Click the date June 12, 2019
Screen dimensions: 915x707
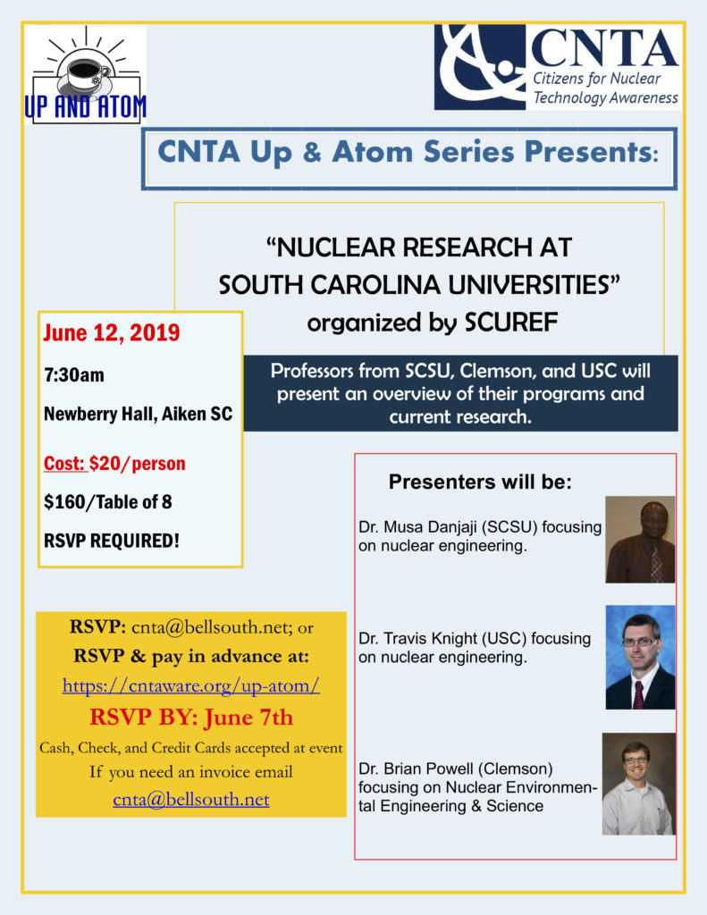(112, 333)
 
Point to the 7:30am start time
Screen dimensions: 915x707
(74, 374)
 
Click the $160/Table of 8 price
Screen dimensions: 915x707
(107, 501)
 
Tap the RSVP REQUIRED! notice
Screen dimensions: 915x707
(111, 540)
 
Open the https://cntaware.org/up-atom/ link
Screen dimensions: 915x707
(191, 686)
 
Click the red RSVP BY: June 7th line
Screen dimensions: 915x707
(190, 717)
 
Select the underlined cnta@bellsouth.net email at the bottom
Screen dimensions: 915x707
(191, 800)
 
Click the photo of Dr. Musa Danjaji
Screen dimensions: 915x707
(640, 540)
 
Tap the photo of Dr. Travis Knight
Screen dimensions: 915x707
(640, 657)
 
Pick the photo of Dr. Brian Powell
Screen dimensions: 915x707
(638, 784)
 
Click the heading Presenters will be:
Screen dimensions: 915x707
(480, 483)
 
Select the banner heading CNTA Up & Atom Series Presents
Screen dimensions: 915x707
(408, 152)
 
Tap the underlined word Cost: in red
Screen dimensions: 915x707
(64, 465)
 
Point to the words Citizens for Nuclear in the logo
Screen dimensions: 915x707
(597, 79)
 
